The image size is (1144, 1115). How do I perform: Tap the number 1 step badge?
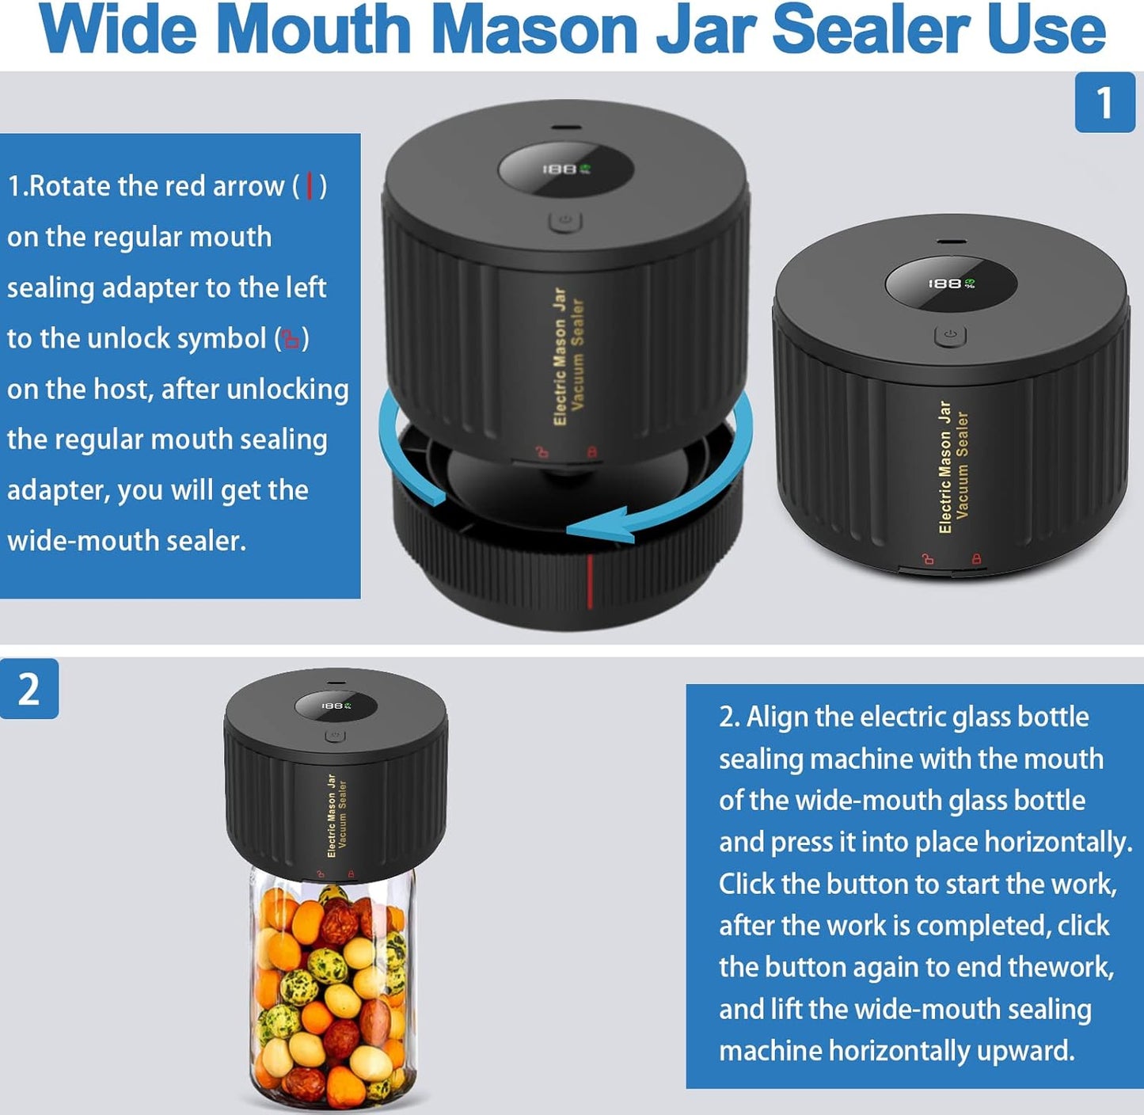(x=1104, y=103)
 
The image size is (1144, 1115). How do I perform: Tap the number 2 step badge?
(x=29, y=689)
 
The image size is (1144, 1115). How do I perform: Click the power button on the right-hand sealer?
(x=950, y=335)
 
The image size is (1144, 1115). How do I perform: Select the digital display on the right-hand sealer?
(x=951, y=284)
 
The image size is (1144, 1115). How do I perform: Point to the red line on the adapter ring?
(x=590, y=582)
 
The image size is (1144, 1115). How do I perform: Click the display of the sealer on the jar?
(x=336, y=706)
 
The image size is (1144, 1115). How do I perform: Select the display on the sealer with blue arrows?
(x=565, y=169)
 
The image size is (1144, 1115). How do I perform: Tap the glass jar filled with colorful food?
(x=333, y=990)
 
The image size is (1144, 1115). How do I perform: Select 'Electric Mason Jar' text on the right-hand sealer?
(x=944, y=467)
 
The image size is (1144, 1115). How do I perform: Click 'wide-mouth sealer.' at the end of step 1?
(x=127, y=541)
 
